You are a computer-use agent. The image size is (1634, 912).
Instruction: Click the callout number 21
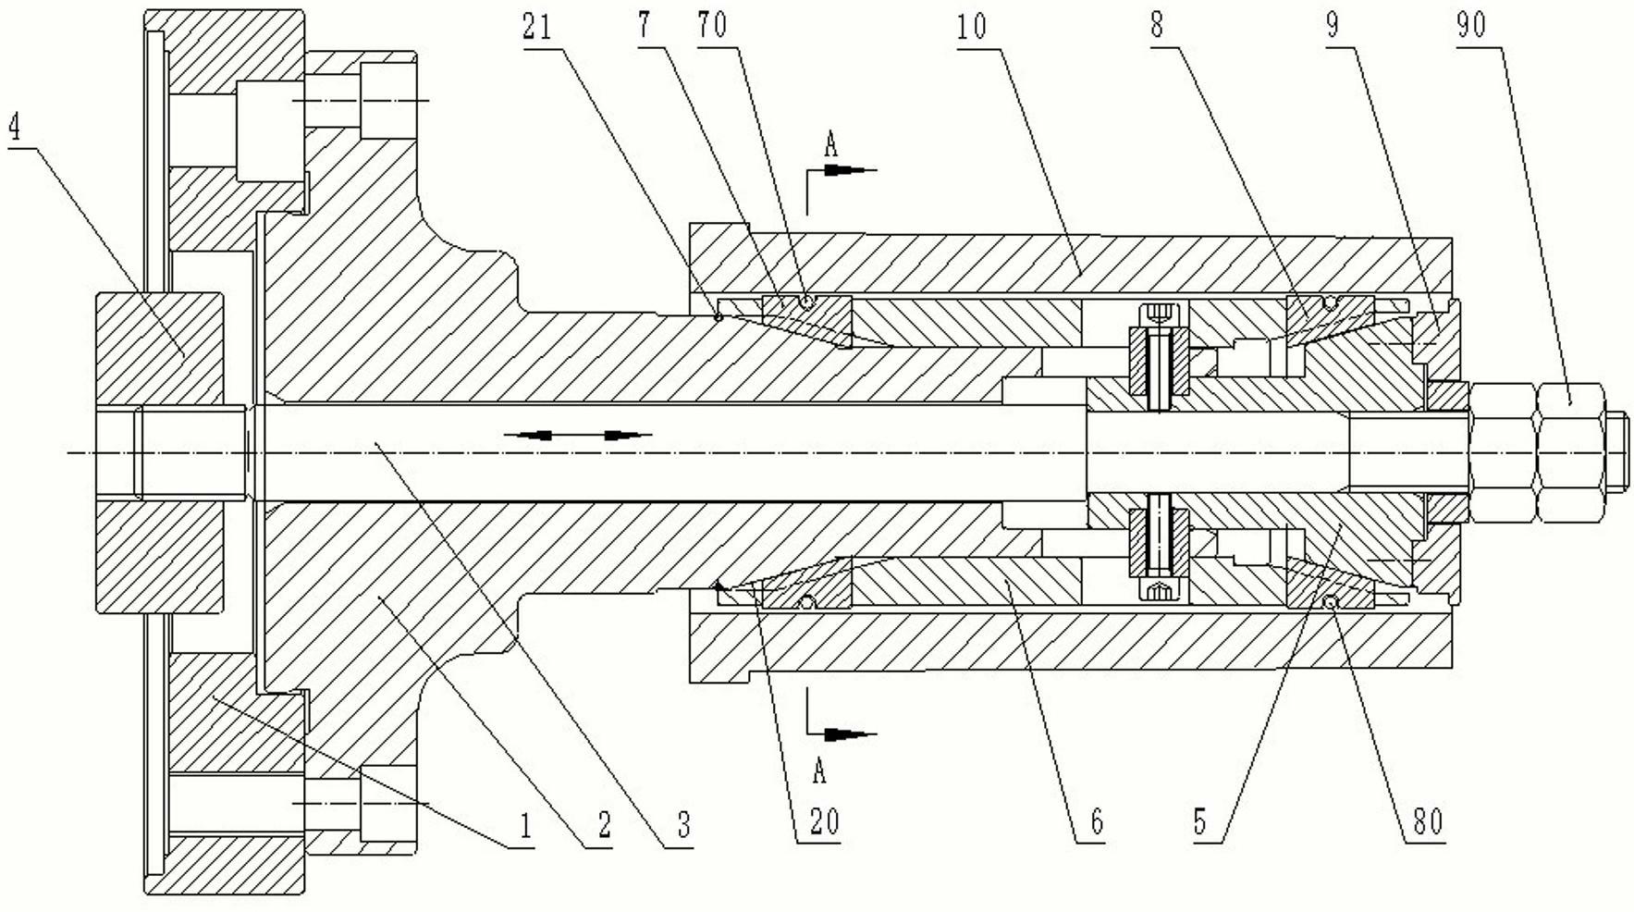click(537, 27)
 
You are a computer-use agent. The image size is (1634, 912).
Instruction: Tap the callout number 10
click(972, 26)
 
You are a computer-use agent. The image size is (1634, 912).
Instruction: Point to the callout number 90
click(1471, 25)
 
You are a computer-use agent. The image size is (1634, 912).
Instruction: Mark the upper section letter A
click(830, 144)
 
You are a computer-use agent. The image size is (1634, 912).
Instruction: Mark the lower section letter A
click(818, 770)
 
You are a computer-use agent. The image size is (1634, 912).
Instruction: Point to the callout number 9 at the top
click(1333, 26)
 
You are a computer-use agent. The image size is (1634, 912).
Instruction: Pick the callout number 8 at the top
click(1157, 26)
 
